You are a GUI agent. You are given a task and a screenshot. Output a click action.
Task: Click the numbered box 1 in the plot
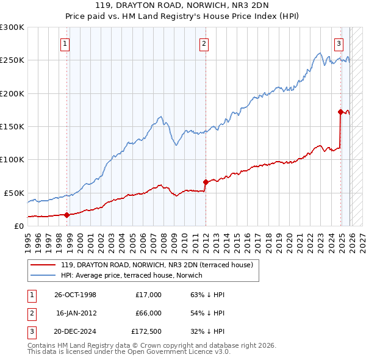click(65, 43)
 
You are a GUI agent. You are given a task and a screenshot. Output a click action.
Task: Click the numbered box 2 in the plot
click(203, 43)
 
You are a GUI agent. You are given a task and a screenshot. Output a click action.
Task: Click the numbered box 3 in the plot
click(339, 43)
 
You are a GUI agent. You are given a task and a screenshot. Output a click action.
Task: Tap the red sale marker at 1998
click(67, 214)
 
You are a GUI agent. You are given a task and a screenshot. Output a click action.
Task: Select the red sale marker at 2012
click(206, 182)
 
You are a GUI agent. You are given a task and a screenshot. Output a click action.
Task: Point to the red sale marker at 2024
click(340, 112)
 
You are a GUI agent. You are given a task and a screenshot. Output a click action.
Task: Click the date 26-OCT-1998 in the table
click(75, 295)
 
